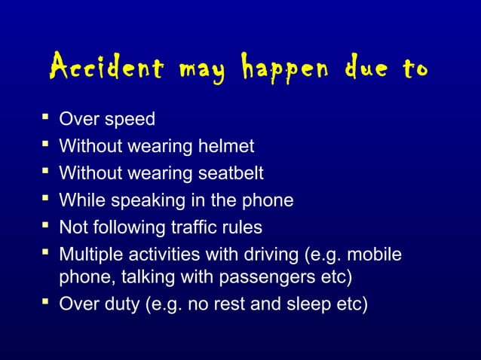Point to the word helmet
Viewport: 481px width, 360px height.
pos(224,146)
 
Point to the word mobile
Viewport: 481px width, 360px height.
pos(377,253)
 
